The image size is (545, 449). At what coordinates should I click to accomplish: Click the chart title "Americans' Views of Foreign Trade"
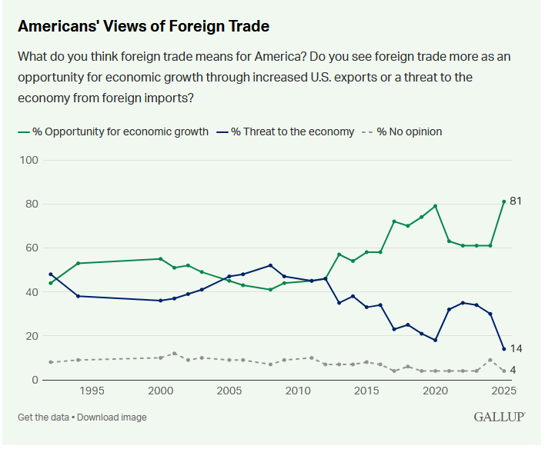pyautogui.click(x=144, y=26)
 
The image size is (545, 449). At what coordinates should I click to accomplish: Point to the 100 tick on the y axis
pyautogui.click(x=29, y=160)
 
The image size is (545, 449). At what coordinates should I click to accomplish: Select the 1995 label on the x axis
pyautogui.click(x=92, y=391)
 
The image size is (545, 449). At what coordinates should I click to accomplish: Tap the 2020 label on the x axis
pyautogui.click(x=435, y=391)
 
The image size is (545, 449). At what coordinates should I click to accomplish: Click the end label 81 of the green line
pyautogui.click(x=517, y=201)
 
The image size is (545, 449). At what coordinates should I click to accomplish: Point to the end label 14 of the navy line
pyautogui.click(x=517, y=349)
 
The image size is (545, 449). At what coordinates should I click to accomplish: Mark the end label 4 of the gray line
pyautogui.click(x=514, y=371)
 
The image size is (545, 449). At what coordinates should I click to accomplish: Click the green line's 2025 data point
pyautogui.click(x=503, y=201)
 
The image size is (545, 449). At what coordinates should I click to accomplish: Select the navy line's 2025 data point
pyautogui.click(x=503, y=349)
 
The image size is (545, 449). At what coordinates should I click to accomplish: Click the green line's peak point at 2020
pyautogui.click(x=436, y=206)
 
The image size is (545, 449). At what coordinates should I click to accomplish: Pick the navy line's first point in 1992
pyautogui.click(x=50, y=274)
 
